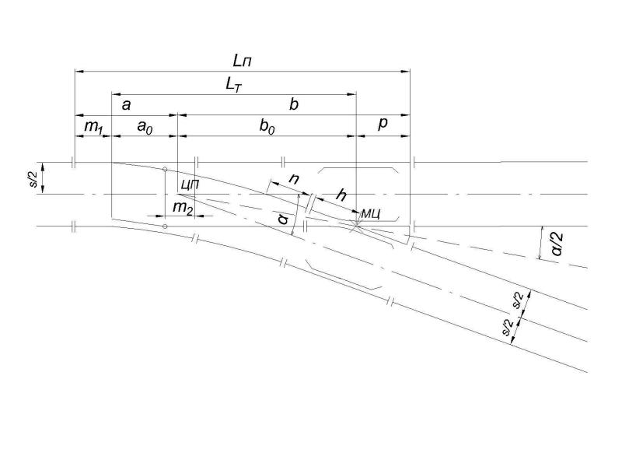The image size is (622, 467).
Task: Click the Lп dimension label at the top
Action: tap(242, 61)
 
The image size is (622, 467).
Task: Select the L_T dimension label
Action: tap(233, 85)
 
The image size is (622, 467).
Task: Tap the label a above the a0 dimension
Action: tap(126, 105)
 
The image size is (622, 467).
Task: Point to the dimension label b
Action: tap(294, 104)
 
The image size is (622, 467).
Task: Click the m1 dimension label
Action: tap(94, 126)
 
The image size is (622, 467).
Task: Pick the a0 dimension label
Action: tap(145, 127)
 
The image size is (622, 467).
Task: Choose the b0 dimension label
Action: tap(267, 127)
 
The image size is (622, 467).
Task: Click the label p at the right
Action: tap(383, 124)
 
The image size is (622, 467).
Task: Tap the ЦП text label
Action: tap(190, 184)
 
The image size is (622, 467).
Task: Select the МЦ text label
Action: tap(371, 214)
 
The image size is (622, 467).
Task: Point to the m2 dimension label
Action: tap(183, 207)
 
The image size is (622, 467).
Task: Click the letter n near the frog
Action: tap(294, 179)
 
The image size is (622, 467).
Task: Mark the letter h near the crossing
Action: tap(341, 195)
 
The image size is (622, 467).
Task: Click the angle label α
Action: tap(283, 219)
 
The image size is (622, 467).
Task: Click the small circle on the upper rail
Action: tap(165, 169)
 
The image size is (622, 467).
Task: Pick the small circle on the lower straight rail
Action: tap(165, 226)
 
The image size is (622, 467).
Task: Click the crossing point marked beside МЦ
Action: tap(356, 226)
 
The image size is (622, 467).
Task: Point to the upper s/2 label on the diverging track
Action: tap(519, 300)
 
